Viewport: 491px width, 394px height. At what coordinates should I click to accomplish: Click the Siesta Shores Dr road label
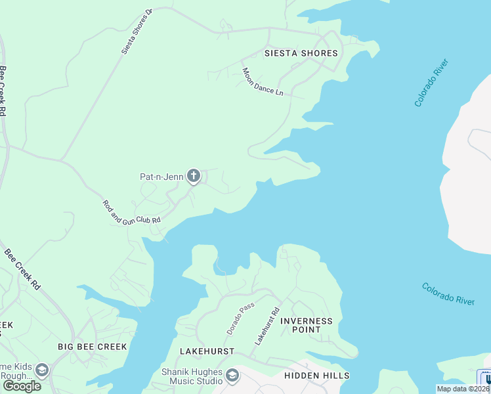137,32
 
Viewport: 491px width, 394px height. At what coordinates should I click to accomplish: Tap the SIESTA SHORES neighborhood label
301,53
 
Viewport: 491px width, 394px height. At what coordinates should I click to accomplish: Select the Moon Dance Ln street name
263,83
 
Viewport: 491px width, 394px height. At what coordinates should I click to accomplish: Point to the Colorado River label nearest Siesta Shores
431,83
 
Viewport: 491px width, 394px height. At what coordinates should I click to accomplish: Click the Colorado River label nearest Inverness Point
448,294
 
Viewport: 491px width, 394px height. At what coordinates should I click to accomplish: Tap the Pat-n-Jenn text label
161,176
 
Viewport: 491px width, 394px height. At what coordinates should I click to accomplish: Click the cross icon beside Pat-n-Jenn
193,175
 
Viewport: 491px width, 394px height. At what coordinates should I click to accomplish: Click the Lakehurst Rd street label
268,327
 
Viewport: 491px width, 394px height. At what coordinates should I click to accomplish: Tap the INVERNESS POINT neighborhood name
307,326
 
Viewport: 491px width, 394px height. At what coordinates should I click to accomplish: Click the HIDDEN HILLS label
316,376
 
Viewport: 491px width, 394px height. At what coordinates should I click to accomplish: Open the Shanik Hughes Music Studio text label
191,376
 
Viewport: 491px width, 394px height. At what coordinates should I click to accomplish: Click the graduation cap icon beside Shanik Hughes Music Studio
232,376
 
